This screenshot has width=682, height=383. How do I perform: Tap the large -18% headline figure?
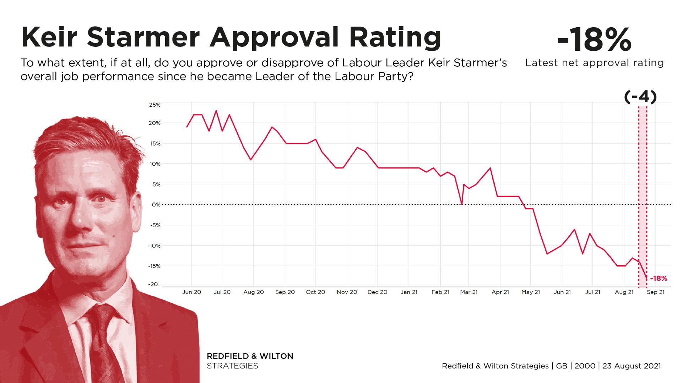click(x=594, y=40)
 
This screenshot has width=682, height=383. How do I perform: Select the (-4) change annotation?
click(x=640, y=96)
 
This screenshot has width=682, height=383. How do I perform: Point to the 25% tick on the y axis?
click(x=155, y=105)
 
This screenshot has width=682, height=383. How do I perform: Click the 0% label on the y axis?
click(x=156, y=205)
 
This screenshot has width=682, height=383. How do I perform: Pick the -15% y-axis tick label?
click(x=155, y=266)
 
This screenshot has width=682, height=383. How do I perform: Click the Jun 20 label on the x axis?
click(x=191, y=292)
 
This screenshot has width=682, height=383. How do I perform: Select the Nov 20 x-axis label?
click(x=347, y=292)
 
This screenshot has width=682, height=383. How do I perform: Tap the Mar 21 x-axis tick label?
click(x=469, y=292)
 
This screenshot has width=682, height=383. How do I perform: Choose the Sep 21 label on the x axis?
click(x=655, y=292)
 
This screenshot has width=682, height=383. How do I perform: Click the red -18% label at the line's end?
click(x=659, y=279)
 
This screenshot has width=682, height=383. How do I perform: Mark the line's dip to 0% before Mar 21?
click(x=462, y=204)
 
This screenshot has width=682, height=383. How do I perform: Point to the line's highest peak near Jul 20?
click(x=216, y=111)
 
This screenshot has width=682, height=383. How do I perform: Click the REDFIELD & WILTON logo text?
click(x=250, y=356)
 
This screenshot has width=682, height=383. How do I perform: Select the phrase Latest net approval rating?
click(x=594, y=63)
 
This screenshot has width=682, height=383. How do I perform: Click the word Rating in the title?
click(x=395, y=37)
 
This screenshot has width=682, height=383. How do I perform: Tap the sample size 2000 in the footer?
click(x=585, y=366)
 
